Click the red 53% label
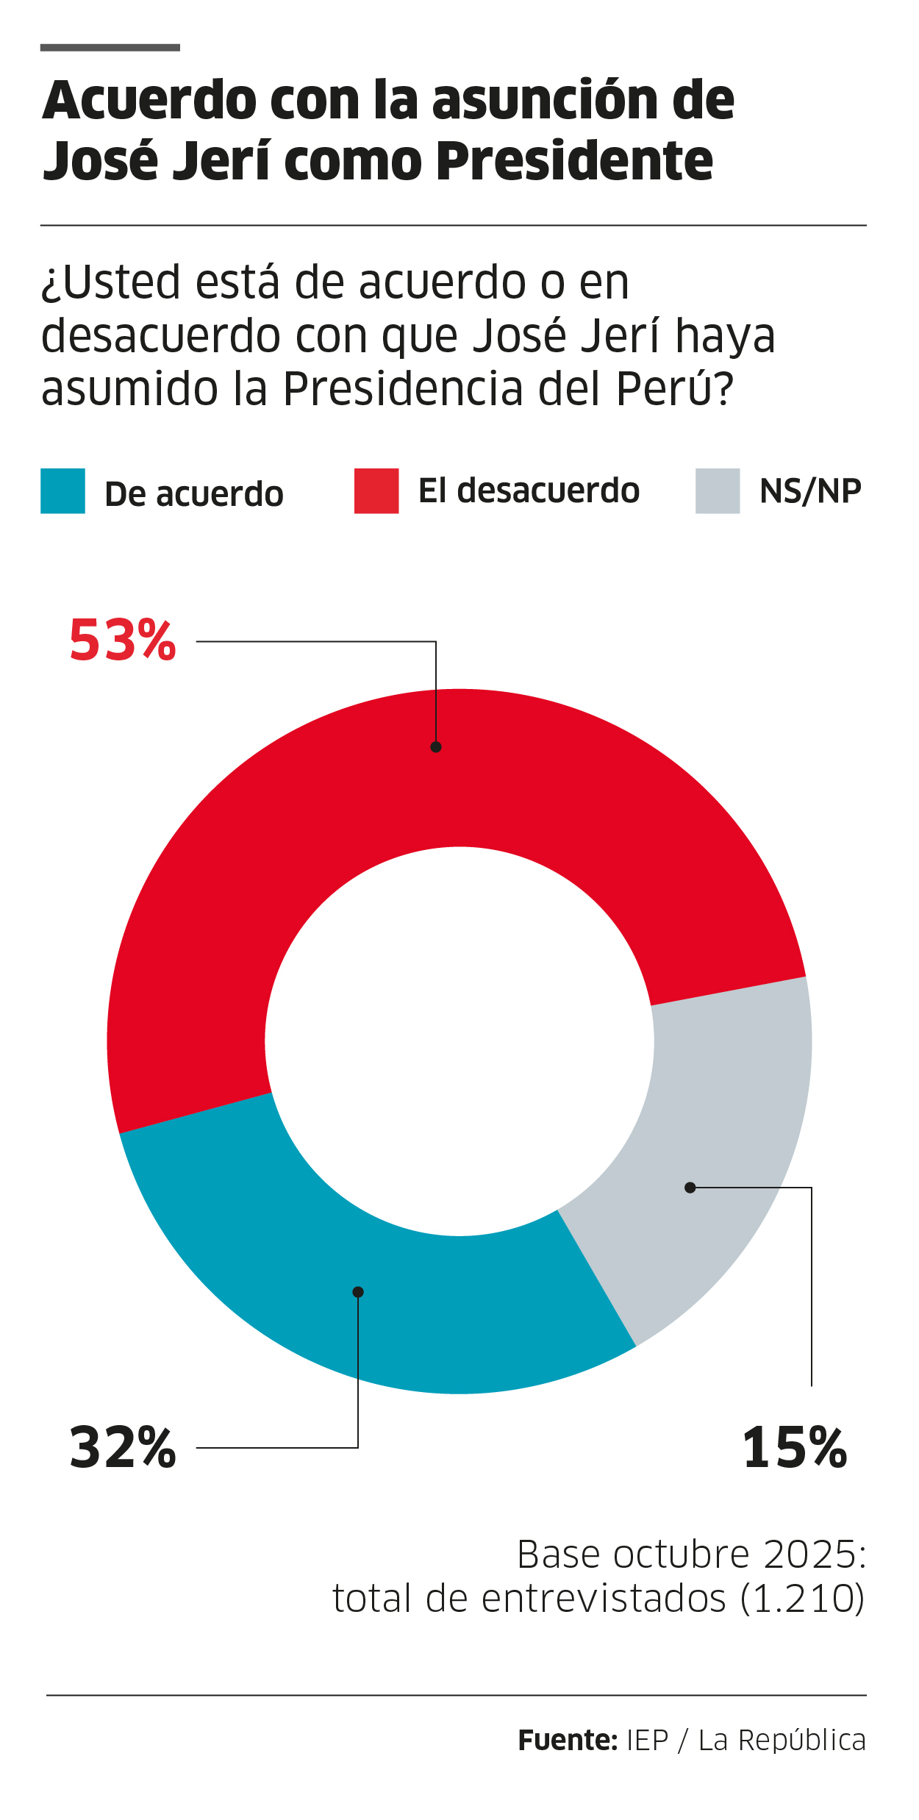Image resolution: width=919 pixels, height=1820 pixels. pos(123,640)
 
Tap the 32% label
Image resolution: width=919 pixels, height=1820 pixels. pos(123,1448)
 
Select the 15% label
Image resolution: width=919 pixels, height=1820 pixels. pos(795,1448)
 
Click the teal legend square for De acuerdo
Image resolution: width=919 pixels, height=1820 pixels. pos(62,490)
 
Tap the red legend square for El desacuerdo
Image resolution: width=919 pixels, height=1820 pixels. pos(376,490)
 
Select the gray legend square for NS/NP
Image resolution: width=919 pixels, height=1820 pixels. pos(718,490)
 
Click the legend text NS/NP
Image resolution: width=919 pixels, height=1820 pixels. pos(810,491)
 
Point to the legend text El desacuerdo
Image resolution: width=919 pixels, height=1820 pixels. pos(529,490)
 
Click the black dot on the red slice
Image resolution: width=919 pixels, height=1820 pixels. pos(436,747)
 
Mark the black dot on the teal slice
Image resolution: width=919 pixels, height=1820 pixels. pos(358,1292)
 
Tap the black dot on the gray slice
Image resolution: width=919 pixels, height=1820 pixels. pos(690,1188)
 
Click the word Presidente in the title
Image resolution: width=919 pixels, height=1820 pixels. pos(574,160)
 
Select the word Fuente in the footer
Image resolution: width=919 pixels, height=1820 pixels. pos(567,1741)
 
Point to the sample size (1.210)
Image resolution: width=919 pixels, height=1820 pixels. pos(803,1599)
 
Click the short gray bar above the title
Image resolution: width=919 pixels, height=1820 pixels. pos(110,48)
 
